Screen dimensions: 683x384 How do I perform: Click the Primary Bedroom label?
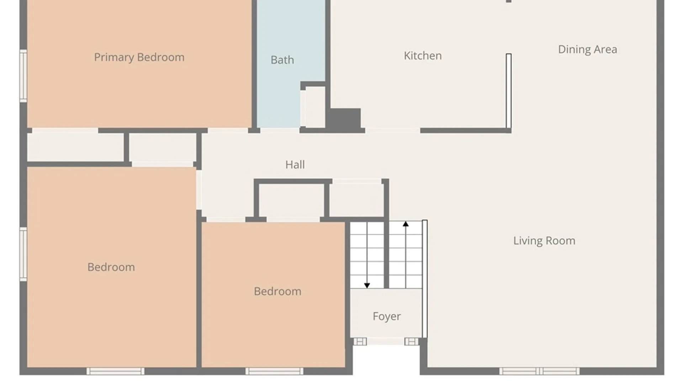[139, 57]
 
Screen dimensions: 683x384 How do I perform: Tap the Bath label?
[282, 60]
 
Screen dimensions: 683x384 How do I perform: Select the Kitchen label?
[423, 55]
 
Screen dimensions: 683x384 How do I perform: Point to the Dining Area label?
[587, 49]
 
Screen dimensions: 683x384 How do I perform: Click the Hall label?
[295, 165]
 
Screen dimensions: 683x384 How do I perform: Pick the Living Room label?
[544, 241]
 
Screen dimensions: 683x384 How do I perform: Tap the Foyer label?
[387, 316]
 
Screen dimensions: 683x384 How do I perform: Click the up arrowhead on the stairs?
[406, 224]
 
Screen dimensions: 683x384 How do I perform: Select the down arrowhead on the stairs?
[367, 286]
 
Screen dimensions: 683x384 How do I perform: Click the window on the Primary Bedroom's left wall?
[23, 76]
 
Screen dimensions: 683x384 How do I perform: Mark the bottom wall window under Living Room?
[539, 371]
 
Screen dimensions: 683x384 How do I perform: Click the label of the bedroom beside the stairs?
[277, 292]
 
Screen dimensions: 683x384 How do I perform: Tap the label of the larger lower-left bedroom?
[111, 267]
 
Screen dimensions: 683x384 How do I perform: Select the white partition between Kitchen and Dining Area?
[509, 91]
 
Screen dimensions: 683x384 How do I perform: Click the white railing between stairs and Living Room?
[424, 279]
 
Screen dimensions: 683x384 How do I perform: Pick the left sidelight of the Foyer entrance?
[360, 342]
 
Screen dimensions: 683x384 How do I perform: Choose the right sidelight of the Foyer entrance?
[412, 342]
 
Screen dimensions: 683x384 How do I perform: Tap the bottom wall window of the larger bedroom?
[116, 371]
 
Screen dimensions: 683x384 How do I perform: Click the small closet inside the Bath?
[313, 107]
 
